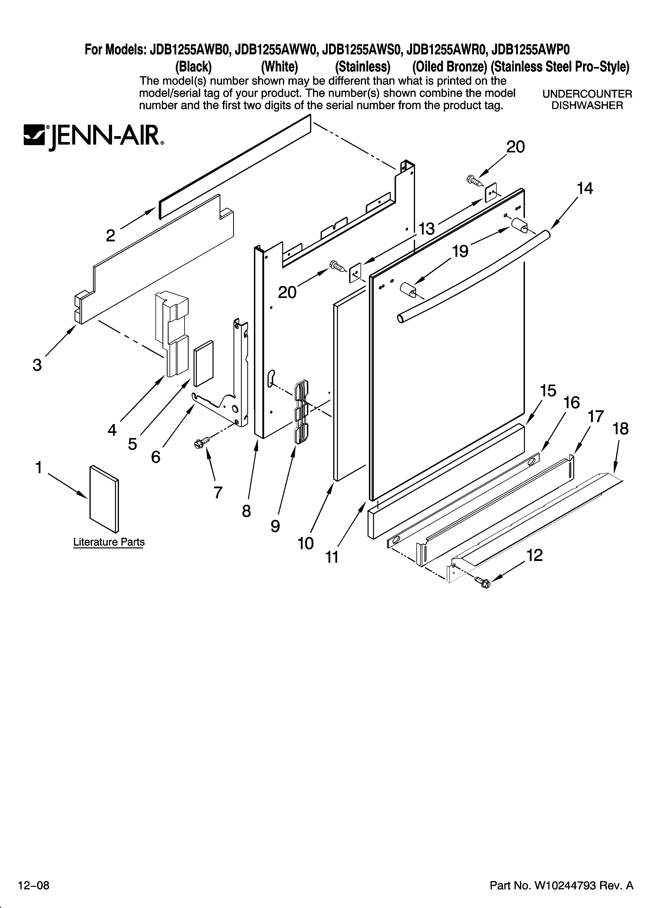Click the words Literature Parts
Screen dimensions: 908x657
[109, 542]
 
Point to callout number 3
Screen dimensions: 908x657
[37, 365]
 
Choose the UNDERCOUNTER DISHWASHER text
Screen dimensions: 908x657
[587, 100]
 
